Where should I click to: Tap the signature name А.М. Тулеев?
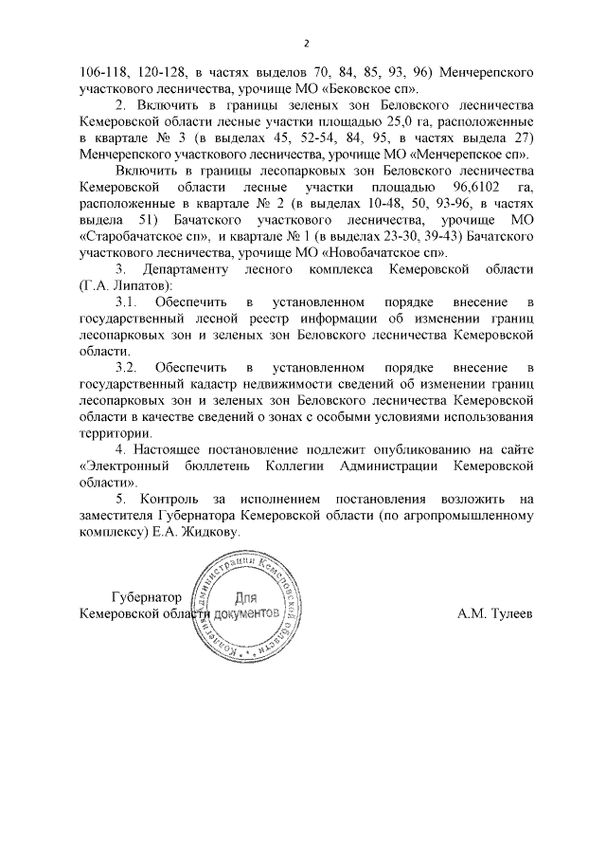click(496, 613)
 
